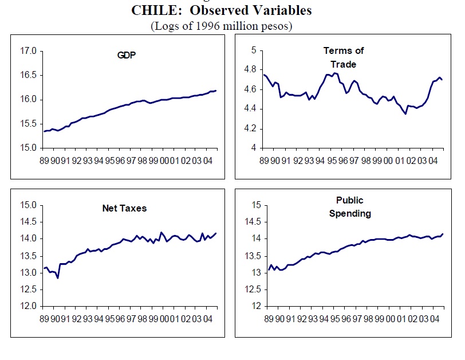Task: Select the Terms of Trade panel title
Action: (344, 57)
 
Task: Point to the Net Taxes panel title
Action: (120, 208)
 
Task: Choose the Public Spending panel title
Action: (350, 207)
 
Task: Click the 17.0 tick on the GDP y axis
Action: (28, 51)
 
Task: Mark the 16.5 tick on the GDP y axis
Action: (28, 75)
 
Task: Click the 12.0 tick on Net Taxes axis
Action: (28, 306)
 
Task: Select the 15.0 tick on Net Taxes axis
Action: (28, 205)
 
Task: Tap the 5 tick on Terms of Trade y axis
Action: (252, 50)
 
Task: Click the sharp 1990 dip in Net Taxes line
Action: (58, 278)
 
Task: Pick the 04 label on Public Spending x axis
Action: (438, 317)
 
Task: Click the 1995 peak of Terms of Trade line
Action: (335, 73)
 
